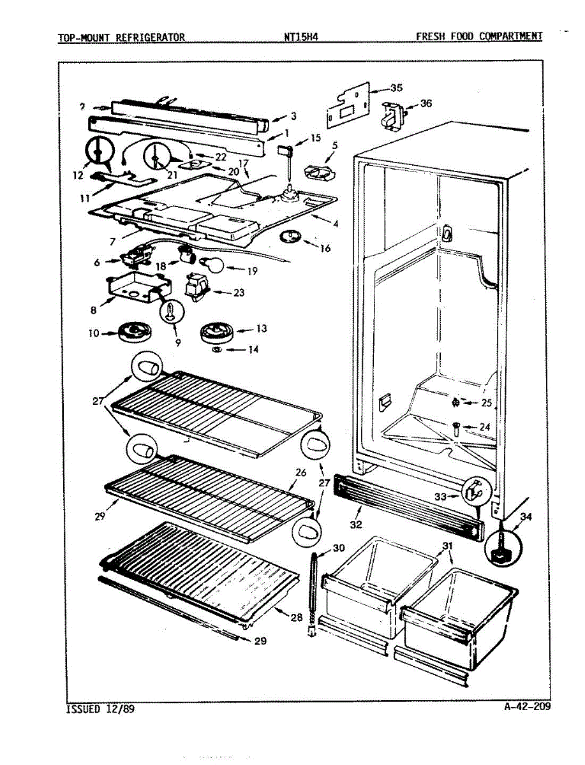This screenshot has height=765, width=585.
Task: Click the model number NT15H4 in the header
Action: click(301, 36)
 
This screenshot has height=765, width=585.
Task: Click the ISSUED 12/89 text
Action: click(100, 708)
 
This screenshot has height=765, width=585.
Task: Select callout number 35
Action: click(396, 89)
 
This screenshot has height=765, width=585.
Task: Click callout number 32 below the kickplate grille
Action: click(355, 525)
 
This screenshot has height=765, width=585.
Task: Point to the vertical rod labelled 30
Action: click(313, 590)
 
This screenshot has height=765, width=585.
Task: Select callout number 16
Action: click(325, 248)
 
